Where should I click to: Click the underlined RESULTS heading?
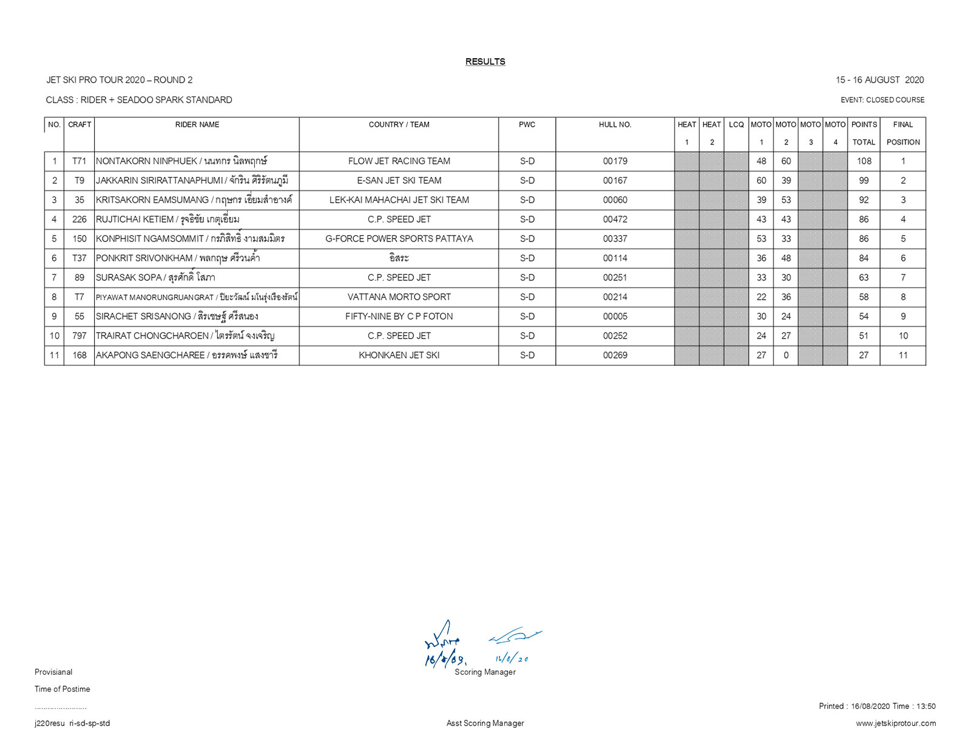pyautogui.click(x=485, y=61)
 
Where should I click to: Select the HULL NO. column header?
pyautogui.click(x=615, y=124)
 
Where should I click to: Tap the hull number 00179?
pyautogui.click(x=615, y=161)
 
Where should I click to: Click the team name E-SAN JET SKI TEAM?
pyautogui.click(x=399, y=180)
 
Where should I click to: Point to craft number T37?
pyautogui.click(x=80, y=258)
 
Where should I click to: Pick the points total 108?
pyautogui.click(x=864, y=161)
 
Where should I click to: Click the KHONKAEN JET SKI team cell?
pyautogui.click(x=399, y=355)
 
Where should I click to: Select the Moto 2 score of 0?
pyautogui.click(x=786, y=355)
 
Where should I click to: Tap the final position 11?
pyautogui.click(x=903, y=355)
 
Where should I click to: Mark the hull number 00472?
pyautogui.click(x=615, y=219)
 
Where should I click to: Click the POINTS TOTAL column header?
pyautogui.click(x=864, y=133)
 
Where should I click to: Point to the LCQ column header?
pyautogui.click(x=736, y=124)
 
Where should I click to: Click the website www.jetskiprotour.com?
pyautogui.click(x=896, y=723)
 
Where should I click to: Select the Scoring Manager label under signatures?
pyautogui.click(x=485, y=672)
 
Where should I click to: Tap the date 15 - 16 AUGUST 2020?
pyautogui.click(x=879, y=79)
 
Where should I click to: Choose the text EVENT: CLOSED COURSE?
pyautogui.click(x=882, y=100)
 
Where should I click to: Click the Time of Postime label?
pyautogui.click(x=62, y=689)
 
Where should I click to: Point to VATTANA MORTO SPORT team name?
pyautogui.click(x=399, y=297)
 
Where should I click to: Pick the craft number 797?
pyautogui.click(x=80, y=336)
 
